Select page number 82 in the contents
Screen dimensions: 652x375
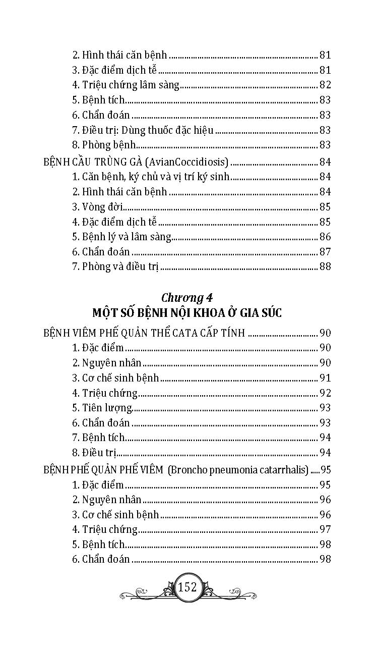click(325, 85)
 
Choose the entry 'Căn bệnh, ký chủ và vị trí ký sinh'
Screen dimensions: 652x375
click(151, 177)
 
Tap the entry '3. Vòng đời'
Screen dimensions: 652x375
click(97, 207)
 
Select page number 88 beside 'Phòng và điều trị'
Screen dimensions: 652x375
click(325, 266)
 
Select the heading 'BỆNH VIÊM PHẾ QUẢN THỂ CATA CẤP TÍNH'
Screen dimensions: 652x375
click(144, 333)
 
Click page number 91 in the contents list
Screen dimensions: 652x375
click(325, 377)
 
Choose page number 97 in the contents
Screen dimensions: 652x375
click(325, 529)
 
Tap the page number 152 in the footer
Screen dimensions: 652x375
click(187, 587)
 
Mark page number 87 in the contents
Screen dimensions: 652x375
click(325, 252)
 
